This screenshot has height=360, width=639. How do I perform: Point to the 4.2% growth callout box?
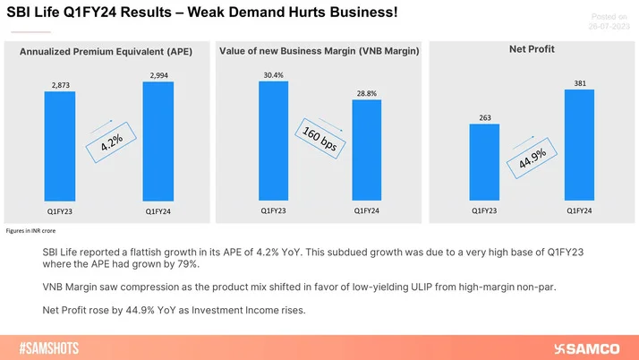coord(110,140)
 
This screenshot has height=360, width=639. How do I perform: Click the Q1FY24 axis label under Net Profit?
coord(579,210)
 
